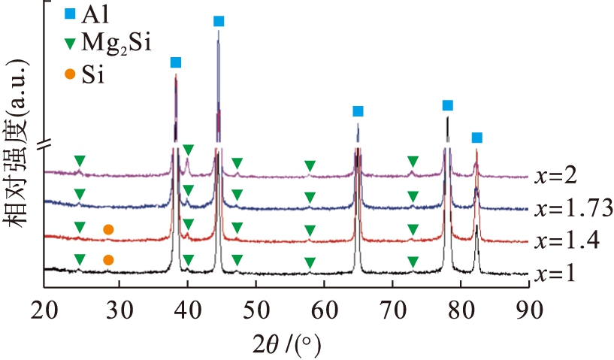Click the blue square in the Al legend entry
(x=70, y=14)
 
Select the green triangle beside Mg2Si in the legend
(x=70, y=44)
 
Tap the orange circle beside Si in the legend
(x=70, y=74)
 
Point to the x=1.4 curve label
(x=567, y=241)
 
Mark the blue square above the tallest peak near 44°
(x=219, y=21)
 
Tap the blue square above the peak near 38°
(x=176, y=62)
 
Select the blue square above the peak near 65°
(x=358, y=111)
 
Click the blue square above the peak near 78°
(x=448, y=105)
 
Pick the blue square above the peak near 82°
(x=476, y=138)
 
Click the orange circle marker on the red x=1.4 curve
(x=108, y=229)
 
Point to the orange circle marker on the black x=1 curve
(x=108, y=260)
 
